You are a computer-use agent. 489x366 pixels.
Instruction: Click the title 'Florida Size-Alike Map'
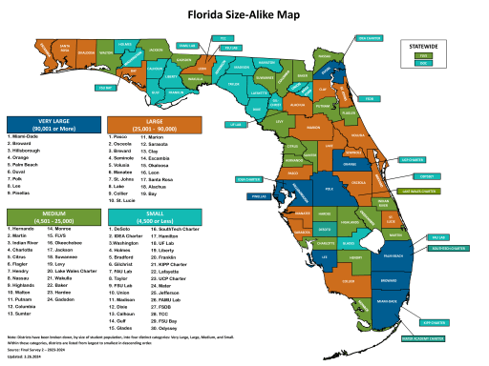[x=244, y=15]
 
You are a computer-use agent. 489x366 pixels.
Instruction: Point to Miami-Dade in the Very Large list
[x=30, y=137]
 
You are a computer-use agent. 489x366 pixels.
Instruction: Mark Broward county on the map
[x=393, y=282]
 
